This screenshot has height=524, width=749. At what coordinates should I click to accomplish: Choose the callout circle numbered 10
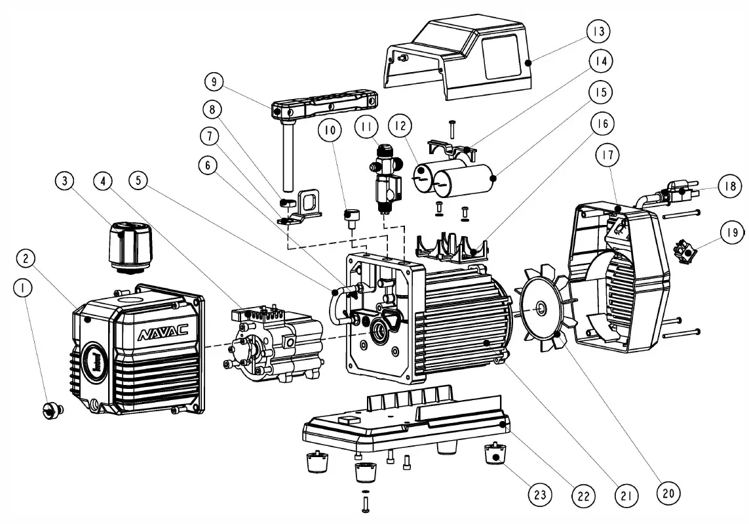[x=330, y=131]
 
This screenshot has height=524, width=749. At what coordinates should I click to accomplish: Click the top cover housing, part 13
[x=472, y=59]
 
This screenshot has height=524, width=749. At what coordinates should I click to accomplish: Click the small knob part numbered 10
[x=353, y=216]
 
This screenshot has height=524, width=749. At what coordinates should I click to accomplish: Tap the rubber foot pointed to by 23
[x=497, y=454]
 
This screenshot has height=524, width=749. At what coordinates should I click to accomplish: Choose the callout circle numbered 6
[x=208, y=166]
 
